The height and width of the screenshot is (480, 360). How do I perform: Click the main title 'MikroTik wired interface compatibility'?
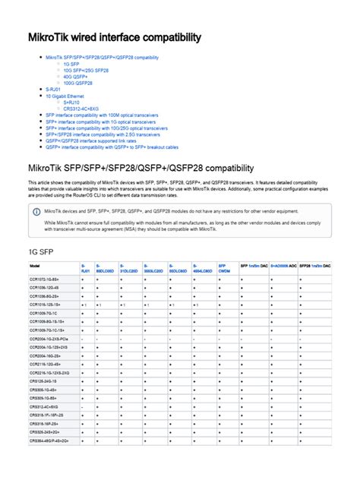tap(115, 36)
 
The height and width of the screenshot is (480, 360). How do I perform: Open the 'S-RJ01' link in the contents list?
tap(54, 90)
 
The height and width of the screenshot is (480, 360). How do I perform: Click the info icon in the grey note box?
tap(36, 211)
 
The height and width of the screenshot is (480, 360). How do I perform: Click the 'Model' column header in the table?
tap(35, 266)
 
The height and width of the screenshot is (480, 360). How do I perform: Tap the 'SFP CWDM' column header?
tap(224, 268)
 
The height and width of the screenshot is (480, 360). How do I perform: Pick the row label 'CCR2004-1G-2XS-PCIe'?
tap(50, 339)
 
